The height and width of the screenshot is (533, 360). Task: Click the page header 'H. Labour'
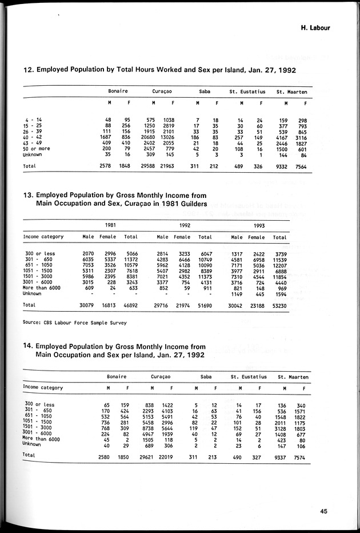315,27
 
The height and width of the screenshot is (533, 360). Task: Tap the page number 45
324,512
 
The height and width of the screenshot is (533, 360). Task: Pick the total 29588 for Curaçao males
147,166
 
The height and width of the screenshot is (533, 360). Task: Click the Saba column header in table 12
204,92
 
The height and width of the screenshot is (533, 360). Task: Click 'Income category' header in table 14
43,387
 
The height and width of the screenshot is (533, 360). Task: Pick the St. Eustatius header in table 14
248,377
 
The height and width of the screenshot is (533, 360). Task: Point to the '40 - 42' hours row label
31,137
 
